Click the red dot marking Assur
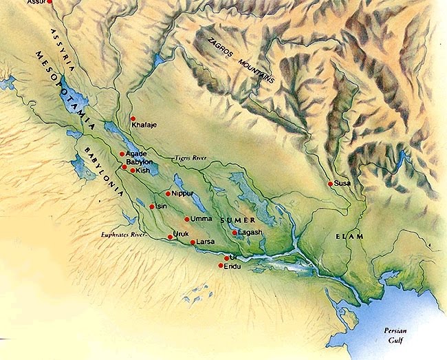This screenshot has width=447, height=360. tap(48, 3)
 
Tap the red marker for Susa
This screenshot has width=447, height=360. tap(331, 184)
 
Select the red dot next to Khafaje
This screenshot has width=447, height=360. tap(133, 119)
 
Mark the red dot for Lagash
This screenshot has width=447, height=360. tap(235, 233)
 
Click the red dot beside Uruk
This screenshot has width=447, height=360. tap(170, 237)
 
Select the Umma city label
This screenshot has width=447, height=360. tap(201, 219)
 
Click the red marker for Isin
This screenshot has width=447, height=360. tap(152, 206)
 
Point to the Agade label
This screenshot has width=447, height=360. tap(138, 153)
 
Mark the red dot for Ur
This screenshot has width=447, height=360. tap(226, 258)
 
